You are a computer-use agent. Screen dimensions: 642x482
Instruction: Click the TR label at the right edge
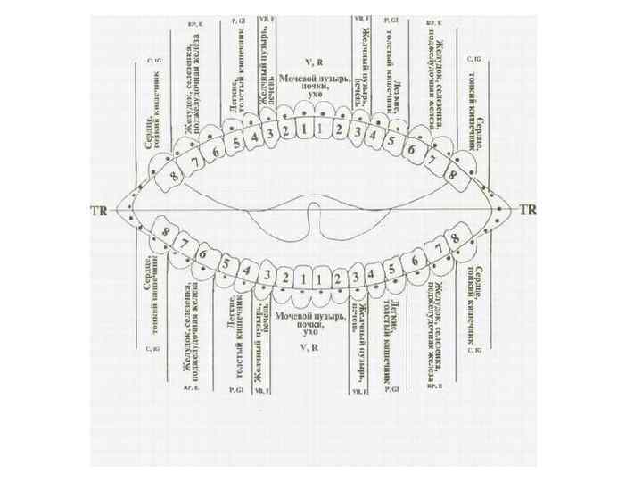coord(528,212)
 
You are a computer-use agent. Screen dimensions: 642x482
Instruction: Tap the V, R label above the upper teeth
coord(312,62)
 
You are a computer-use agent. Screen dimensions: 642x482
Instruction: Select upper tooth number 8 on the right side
coord(453,175)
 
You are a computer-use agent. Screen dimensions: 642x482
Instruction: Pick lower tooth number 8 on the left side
coord(166,232)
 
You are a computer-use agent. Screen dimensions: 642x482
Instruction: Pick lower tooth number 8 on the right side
coord(456,238)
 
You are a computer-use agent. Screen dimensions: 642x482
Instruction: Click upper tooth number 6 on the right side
coord(410,149)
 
